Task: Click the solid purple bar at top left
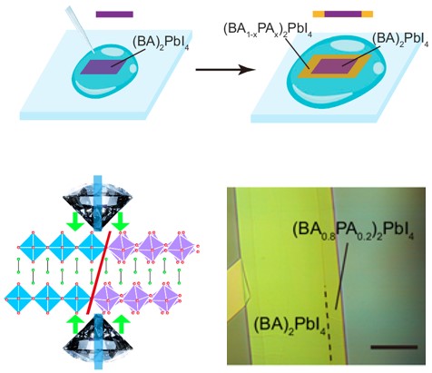(x=114, y=15)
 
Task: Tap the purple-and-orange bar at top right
(x=343, y=14)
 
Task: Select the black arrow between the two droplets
(x=225, y=70)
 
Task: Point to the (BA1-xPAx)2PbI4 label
(x=268, y=30)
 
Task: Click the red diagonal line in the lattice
(x=99, y=272)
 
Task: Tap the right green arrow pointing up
(x=122, y=324)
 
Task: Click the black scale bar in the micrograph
(x=394, y=347)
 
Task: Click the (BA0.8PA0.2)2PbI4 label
(x=353, y=231)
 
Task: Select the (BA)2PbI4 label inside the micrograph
(x=290, y=326)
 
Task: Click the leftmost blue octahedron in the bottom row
(x=18, y=299)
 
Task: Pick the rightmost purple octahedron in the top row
(x=182, y=247)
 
